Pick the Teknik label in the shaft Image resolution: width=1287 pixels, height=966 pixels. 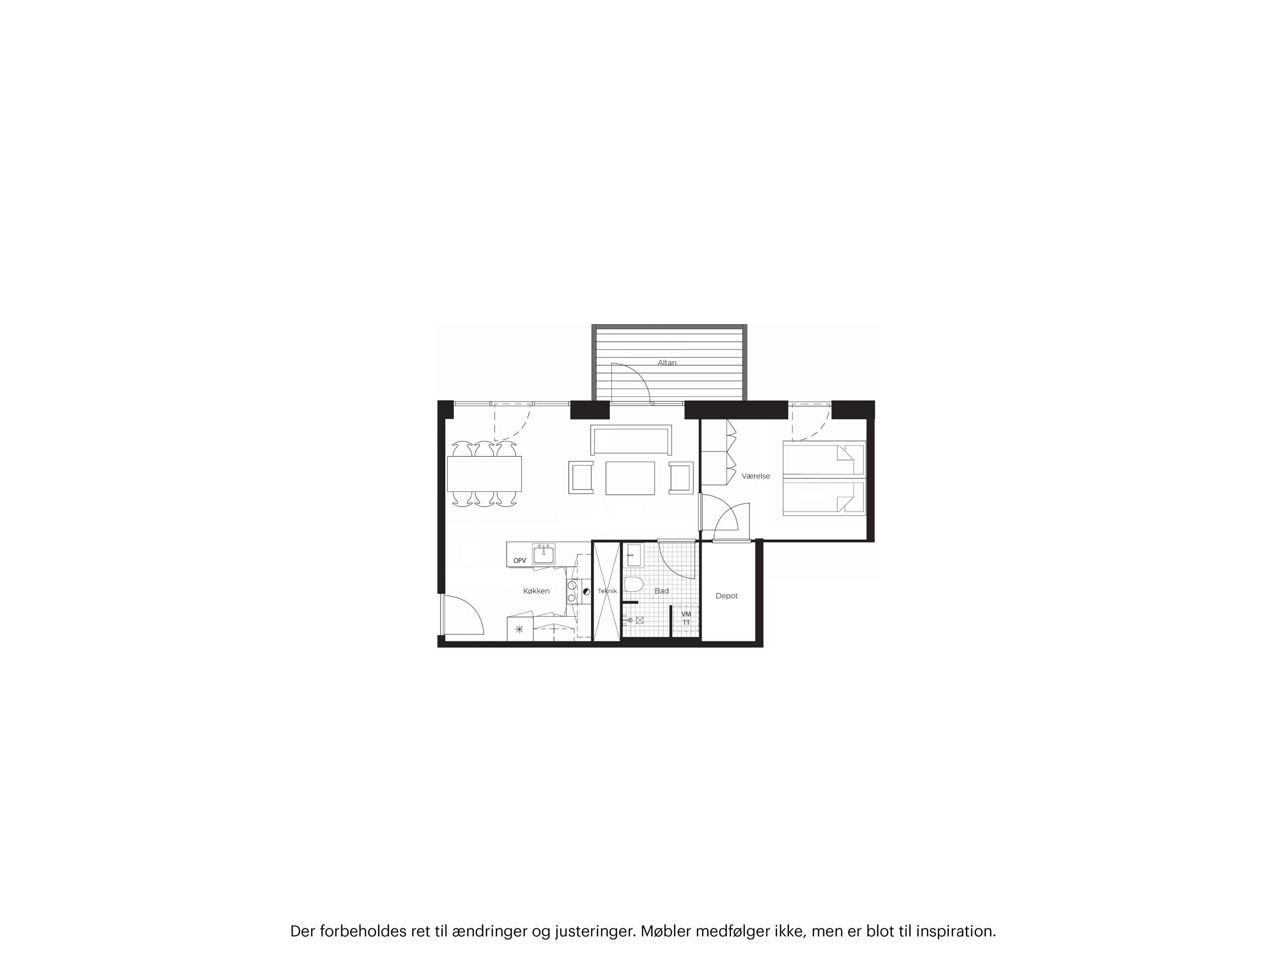(x=607, y=591)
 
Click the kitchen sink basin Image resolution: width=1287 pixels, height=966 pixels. (x=543, y=554)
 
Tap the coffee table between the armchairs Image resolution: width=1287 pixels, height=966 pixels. (x=630, y=478)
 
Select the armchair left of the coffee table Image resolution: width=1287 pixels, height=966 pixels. (x=581, y=478)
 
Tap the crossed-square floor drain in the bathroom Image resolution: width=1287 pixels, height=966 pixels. (x=640, y=620)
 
